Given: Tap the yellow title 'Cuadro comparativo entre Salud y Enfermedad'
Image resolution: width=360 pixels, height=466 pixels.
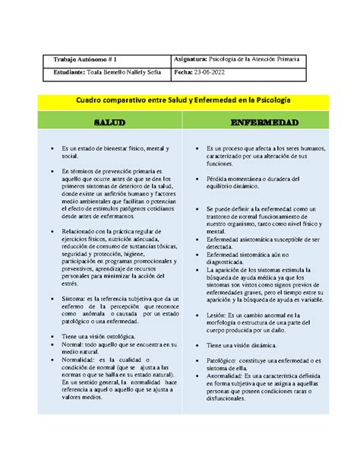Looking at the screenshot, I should pos(179,100).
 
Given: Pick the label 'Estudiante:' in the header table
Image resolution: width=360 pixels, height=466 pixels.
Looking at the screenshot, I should pos(67,72).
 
